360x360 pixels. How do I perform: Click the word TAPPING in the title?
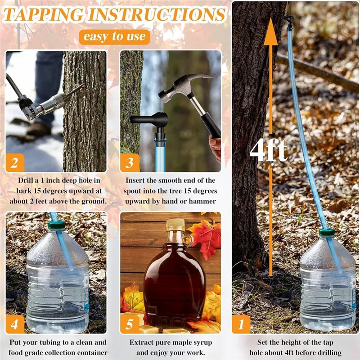pos(44,15)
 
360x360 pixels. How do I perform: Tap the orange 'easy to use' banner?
pos(114,36)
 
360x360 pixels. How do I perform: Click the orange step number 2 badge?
pos(15,162)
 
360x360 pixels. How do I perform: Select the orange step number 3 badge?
pos(130,162)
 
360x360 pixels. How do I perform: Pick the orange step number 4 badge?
pos(15,324)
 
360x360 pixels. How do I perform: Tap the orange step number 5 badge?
pos(130,324)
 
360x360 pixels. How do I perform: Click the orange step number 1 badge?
pos(241,324)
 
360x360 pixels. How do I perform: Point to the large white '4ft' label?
pos(268,151)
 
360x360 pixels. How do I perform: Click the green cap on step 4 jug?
pos(57,225)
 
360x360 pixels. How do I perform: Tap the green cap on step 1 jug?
pos(327,233)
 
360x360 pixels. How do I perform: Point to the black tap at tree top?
pos(288,19)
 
